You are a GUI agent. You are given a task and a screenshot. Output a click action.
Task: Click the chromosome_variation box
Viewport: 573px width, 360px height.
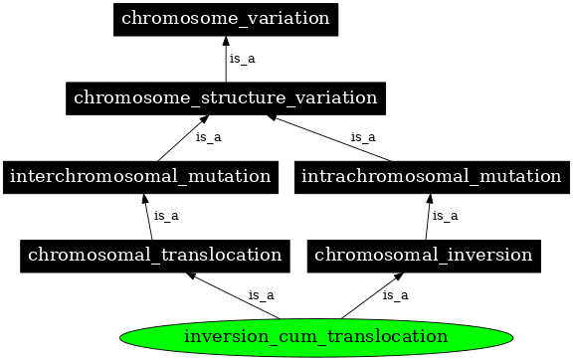[226, 19]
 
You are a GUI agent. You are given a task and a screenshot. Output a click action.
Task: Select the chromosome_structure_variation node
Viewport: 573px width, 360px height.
[225, 97]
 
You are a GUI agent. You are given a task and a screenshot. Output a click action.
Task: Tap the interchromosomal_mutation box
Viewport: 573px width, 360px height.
[139, 176]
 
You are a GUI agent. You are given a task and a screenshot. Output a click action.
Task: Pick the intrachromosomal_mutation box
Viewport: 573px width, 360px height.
[430, 176]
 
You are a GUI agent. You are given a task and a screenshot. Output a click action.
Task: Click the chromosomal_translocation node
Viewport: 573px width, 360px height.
[154, 255]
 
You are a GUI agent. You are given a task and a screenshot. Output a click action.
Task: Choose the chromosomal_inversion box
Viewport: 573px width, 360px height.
[423, 255]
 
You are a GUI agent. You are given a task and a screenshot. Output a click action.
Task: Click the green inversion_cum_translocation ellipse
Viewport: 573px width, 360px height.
[315, 336]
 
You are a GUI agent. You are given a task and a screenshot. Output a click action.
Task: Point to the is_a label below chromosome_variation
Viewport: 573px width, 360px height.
[242, 59]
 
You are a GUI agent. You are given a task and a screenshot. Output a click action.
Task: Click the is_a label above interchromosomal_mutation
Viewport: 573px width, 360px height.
[208, 137]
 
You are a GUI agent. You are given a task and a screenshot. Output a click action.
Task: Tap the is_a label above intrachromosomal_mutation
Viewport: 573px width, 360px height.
[363, 137]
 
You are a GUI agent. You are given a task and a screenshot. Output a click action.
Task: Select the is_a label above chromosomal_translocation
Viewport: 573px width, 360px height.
[166, 216]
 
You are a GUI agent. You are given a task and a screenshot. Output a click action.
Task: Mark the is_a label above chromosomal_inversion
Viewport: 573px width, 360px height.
[445, 216]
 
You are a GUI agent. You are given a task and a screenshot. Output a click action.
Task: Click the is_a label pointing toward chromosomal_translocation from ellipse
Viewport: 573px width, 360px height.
[261, 295]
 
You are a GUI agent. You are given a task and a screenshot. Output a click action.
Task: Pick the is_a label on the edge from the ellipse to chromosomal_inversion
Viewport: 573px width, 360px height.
[396, 295]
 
